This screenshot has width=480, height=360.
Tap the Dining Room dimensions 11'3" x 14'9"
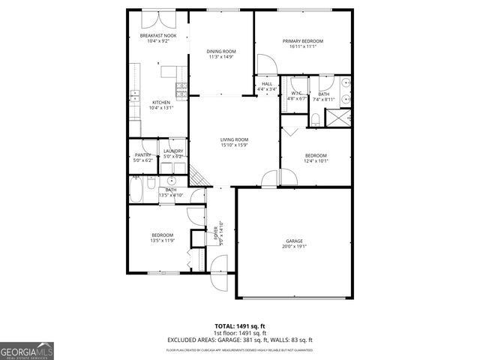tap(221, 56)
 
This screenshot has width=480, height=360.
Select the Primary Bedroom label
tap(303, 40)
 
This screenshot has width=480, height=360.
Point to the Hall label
tap(267, 84)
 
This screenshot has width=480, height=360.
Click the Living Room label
tap(234, 139)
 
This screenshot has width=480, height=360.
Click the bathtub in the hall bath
tap(137, 190)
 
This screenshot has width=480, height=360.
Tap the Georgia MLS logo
tap(27, 350)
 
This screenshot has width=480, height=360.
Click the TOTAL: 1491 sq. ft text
tap(240, 326)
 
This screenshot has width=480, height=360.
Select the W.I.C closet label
tap(298, 93)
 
